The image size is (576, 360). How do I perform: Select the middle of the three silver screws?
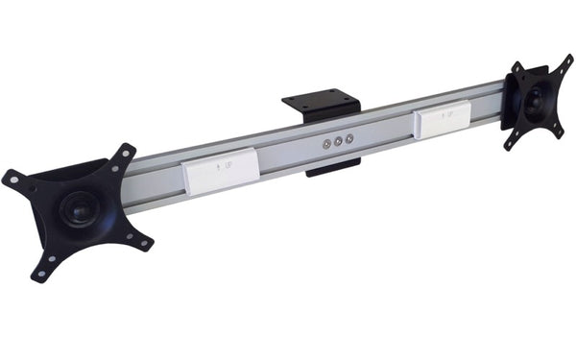(x=339, y=141)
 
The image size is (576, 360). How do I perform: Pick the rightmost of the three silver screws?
(x=349, y=138)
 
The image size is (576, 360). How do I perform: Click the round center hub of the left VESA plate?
(x=78, y=208)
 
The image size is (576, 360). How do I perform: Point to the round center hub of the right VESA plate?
(x=534, y=98)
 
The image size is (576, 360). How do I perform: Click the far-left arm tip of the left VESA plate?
(x=11, y=179)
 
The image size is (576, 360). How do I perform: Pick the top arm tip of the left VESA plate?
(x=125, y=152)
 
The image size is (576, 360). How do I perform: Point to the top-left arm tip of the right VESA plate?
(x=516, y=67)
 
